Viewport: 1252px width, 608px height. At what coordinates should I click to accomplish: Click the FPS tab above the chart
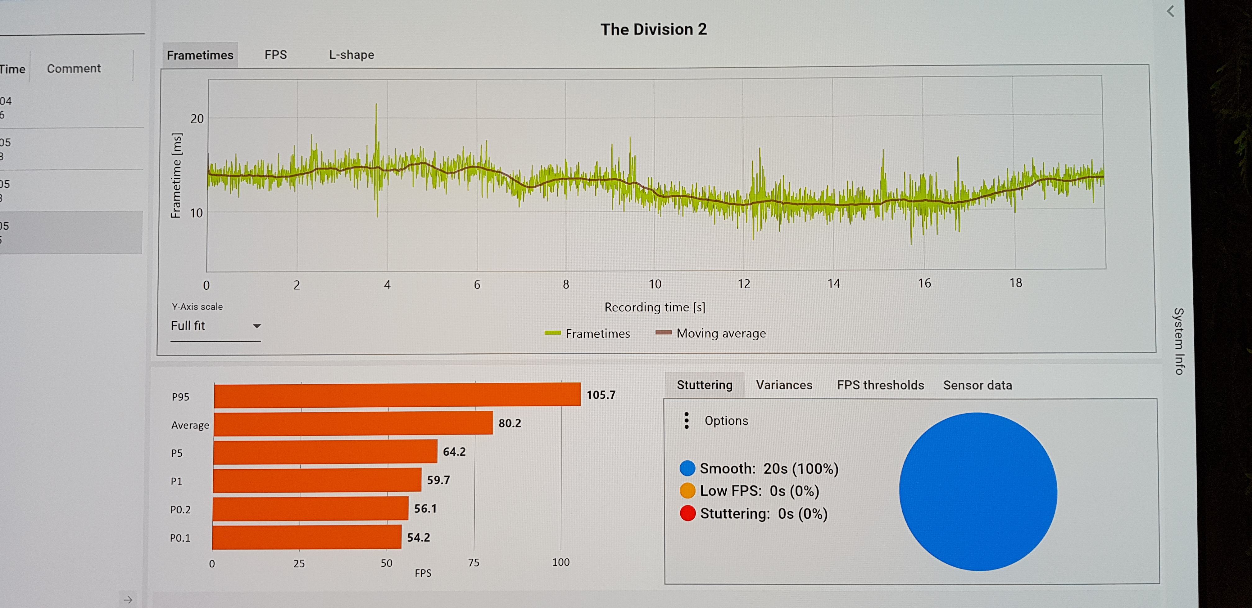coord(275,55)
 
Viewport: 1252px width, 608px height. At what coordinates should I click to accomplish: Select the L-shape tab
coord(352,55)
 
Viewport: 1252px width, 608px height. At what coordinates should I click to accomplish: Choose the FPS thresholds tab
coord(880,385)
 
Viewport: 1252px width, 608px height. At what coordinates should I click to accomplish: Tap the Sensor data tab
coord(978,385)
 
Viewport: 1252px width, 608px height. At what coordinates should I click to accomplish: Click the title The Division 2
coord(653,29)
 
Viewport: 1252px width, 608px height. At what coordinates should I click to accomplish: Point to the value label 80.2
coord(509,423)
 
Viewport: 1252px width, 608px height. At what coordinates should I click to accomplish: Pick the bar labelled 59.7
coord(317,480)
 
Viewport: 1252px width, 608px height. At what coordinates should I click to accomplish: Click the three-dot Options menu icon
coord(686,421)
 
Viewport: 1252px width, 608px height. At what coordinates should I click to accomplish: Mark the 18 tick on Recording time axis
coord(1015,283)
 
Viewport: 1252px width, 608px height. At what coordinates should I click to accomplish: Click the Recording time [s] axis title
coord(655,307)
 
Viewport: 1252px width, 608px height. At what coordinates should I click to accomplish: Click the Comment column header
coord(74,69)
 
